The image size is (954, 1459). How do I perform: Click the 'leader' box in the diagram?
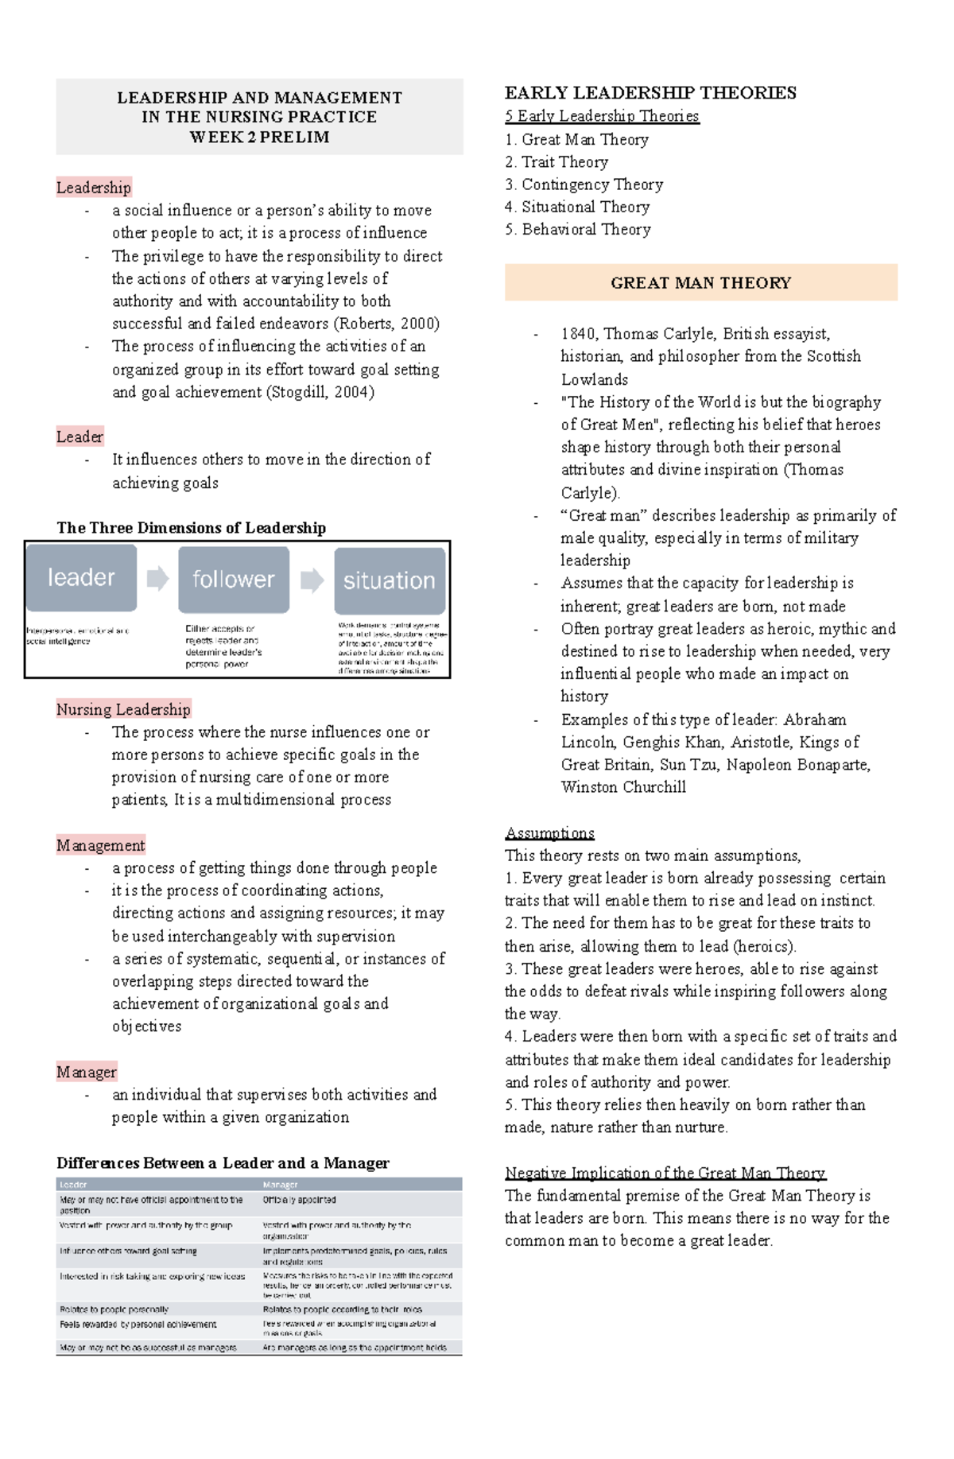click(x=81, y=577)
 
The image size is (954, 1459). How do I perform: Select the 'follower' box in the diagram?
click(x=233, y=579)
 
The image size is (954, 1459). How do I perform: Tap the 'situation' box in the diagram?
click(x=390, y=580)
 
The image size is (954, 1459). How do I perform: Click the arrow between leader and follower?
click(x=157, y=578)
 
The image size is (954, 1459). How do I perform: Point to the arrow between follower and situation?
click(x=312, y=580)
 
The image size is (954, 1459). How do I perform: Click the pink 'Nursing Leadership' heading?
click(x=123, y=709)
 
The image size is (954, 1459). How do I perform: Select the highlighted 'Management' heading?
click(x=101, y=845)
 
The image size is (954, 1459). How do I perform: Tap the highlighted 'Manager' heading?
click(x=87, y=1072)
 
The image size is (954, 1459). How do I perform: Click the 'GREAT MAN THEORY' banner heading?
click(x=700, y=283)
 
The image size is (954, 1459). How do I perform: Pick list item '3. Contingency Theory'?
click(x=584, y=184)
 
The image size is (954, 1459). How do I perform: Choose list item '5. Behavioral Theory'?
click(x=578, y=230)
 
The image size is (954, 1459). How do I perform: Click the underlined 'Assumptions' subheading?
click(x=549, y=833)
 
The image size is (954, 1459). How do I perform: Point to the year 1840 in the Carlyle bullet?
click(x=578, y=334)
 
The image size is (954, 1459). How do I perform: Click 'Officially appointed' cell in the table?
click(x=300, y=1200)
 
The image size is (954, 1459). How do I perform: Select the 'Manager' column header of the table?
click(x=280, y=1185)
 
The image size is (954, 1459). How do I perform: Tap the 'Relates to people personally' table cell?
click(x=114, y=1309)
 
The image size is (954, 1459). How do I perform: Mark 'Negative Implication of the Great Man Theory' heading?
click(x=665, y=1173)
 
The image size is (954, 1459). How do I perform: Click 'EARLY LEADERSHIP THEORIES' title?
click(x=650, y=93)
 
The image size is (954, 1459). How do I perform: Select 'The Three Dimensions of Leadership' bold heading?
click(x=192, y=528)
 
